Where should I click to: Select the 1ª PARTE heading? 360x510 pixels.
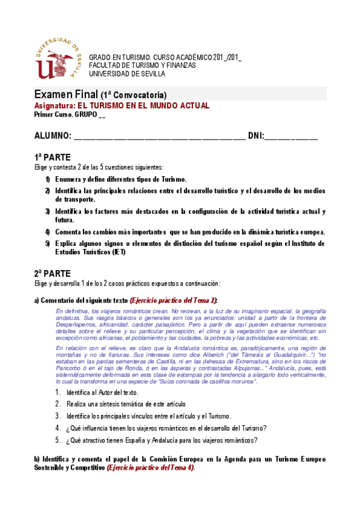(x=53, y=157)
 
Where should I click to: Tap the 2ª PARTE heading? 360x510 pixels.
(x=53, y=272)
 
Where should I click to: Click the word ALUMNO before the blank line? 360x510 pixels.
(x=53, y=137)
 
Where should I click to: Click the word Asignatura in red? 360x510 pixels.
(x=55, y=105)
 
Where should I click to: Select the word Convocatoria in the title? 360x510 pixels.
(x=140, y=96)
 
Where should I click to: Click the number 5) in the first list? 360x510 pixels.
(x=47, y=244)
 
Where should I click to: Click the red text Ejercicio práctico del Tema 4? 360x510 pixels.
(x=150, y=467)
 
